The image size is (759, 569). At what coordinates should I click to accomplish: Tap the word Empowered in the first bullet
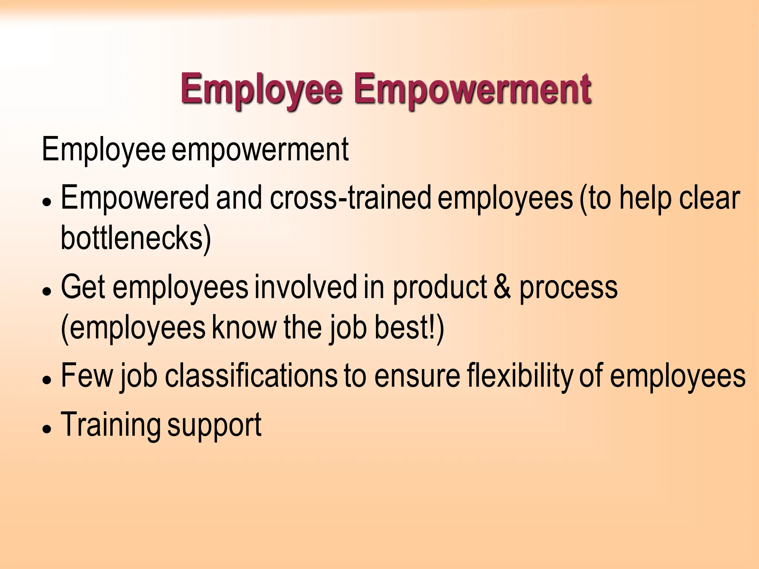(135, 198)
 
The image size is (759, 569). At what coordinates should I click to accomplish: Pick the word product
(440, 287)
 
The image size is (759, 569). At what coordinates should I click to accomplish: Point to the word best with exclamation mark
(409, 327)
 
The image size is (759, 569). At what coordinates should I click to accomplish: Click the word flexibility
(520, 376)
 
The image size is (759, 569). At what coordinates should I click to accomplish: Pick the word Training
(110, 425)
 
